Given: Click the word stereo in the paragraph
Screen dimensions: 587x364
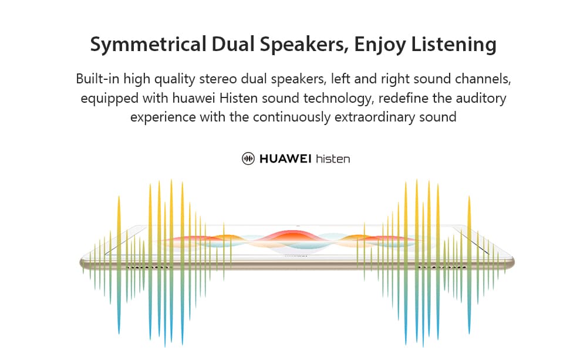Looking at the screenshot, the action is coord(218,79).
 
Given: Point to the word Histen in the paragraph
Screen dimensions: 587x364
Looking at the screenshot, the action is coord(238,98).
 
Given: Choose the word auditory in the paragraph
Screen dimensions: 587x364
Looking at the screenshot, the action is coord(480,99).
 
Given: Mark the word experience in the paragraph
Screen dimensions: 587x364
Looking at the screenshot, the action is coord(163,117).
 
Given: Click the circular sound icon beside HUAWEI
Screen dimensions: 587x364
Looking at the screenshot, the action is coord(248,159).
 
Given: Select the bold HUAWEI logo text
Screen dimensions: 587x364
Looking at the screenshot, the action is coord(285,159).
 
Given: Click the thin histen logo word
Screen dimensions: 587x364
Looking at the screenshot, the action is coord(333,159).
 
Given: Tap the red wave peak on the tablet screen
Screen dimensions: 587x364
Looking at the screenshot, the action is coord(293,235).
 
